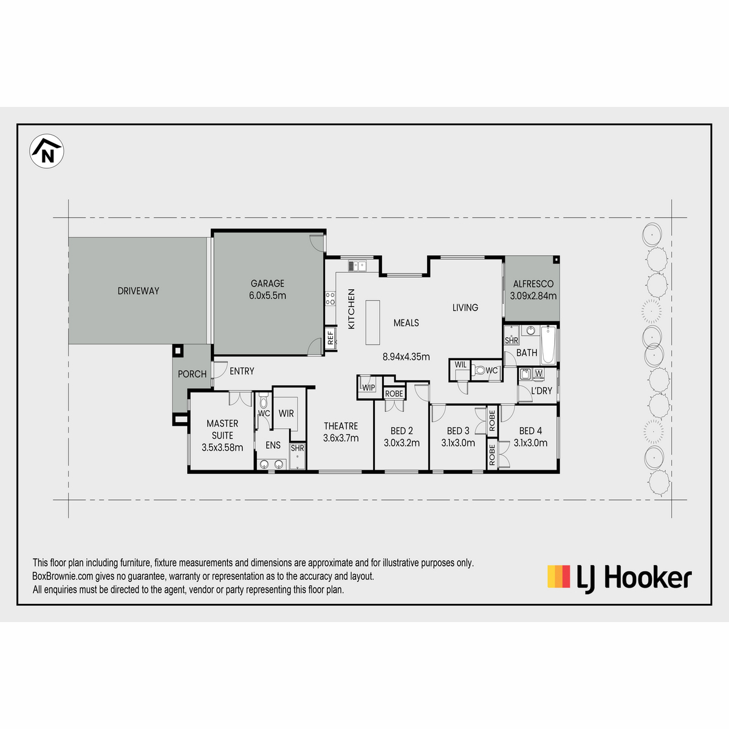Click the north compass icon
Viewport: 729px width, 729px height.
(47, 151)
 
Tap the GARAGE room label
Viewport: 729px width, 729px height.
(267, 283)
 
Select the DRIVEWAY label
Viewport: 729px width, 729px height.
(139, 291)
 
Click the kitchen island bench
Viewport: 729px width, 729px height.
(372, 323)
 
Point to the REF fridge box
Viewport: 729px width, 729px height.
(330, 338)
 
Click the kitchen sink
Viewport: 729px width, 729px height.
(357, 266)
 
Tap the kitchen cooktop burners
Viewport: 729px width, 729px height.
(330, 298)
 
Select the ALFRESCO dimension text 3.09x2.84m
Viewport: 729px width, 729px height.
(533, 296)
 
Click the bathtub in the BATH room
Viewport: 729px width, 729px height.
(548, 344)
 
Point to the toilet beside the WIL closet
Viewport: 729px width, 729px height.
(479, 369)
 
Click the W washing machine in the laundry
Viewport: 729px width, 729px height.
(539, 374)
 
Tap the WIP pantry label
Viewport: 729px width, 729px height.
(369, 388)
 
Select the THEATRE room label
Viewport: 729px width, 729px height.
(341, 426)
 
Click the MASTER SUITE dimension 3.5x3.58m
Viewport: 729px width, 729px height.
(222, 448)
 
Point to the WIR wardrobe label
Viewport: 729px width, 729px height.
(286, 414)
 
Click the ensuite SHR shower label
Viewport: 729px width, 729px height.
(297, 448)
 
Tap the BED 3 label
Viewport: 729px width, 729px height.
(458, 431)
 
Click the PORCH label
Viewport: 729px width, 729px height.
(192, 374)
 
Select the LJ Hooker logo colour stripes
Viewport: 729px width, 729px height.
(558, 577)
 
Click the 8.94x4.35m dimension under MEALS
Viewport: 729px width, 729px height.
(406, 357)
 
